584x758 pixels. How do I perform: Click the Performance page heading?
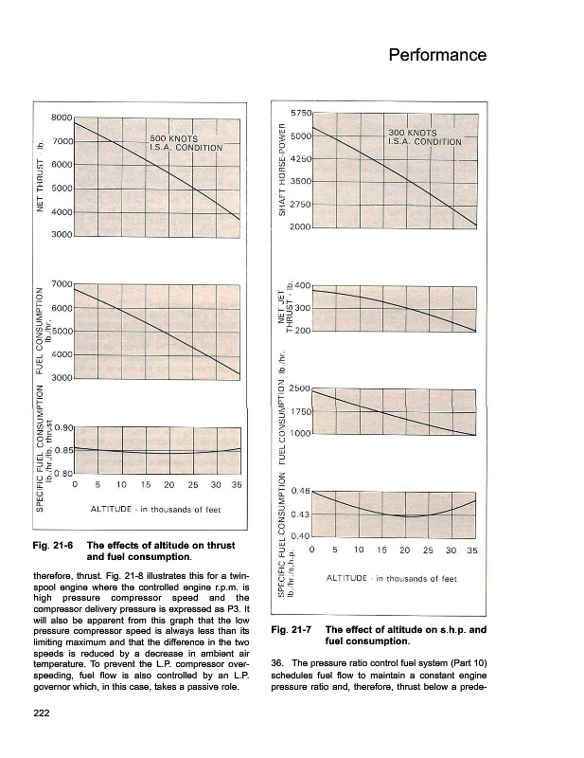437,55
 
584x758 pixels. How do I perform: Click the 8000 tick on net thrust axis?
62,117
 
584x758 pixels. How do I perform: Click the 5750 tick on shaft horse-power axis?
300,113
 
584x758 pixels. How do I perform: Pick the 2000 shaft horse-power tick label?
300,227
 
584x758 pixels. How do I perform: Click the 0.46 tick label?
302,491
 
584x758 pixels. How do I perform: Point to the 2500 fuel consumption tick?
300,388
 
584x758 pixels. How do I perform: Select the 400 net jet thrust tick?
303,285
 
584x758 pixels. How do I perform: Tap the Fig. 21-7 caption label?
290,630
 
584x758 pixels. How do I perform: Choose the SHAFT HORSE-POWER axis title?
280,171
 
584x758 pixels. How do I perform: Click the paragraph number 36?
276,661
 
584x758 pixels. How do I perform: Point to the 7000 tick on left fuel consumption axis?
62,284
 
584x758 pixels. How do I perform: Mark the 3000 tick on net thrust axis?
62,233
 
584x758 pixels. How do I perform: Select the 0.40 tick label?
302,537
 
